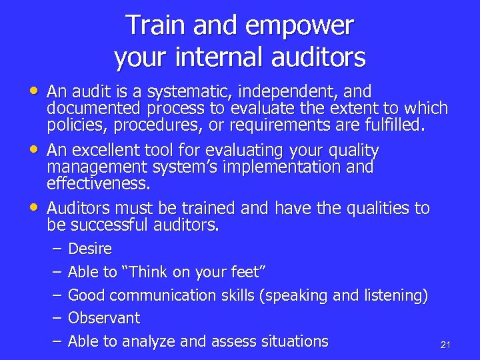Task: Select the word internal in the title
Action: point(213,57)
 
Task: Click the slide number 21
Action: point(446,345)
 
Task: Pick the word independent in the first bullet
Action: point(291,91)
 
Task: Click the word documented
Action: point(94,108)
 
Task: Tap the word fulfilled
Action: point(394,125)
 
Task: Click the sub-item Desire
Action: point(90,249)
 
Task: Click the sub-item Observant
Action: point(104,318)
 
